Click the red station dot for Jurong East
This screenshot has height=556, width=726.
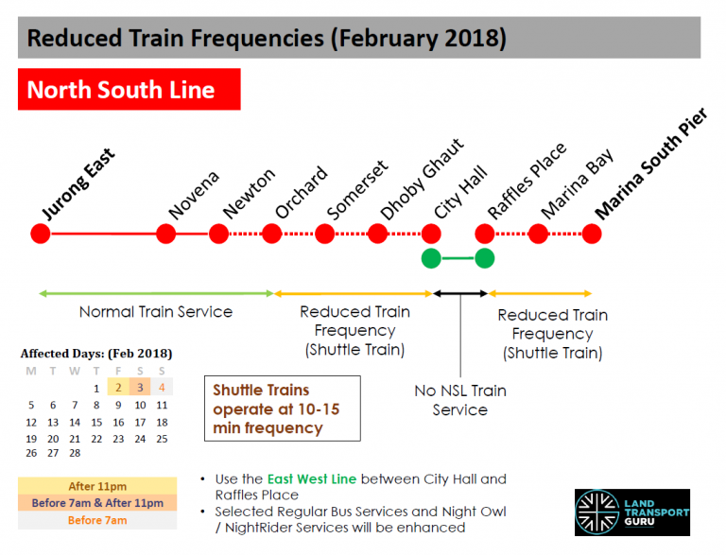tap(40, 234)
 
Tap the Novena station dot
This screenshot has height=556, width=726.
tap(166, 234)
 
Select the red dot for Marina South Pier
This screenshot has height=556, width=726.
tap(592, 234)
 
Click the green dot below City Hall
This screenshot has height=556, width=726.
tap(431, 257)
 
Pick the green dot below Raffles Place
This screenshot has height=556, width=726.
tap(485, 257)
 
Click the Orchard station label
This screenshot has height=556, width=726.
tap(302, 192)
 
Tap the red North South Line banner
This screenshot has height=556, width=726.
tap(129, 90)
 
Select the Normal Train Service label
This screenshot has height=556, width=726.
tap(155, 311)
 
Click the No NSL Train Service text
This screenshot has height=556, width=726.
tap(459, 400)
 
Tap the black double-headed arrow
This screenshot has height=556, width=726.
tap(460, 294)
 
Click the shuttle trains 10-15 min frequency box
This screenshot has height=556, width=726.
tap(283, 408)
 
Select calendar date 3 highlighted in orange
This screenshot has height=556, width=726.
tap(139, 388)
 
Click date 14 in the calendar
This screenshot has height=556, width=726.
tap(75, 422)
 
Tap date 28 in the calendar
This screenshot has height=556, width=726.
tap(75, 453)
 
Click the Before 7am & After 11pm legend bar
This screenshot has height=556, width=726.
tap(96, 503)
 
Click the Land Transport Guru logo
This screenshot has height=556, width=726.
tap(631, 513)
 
